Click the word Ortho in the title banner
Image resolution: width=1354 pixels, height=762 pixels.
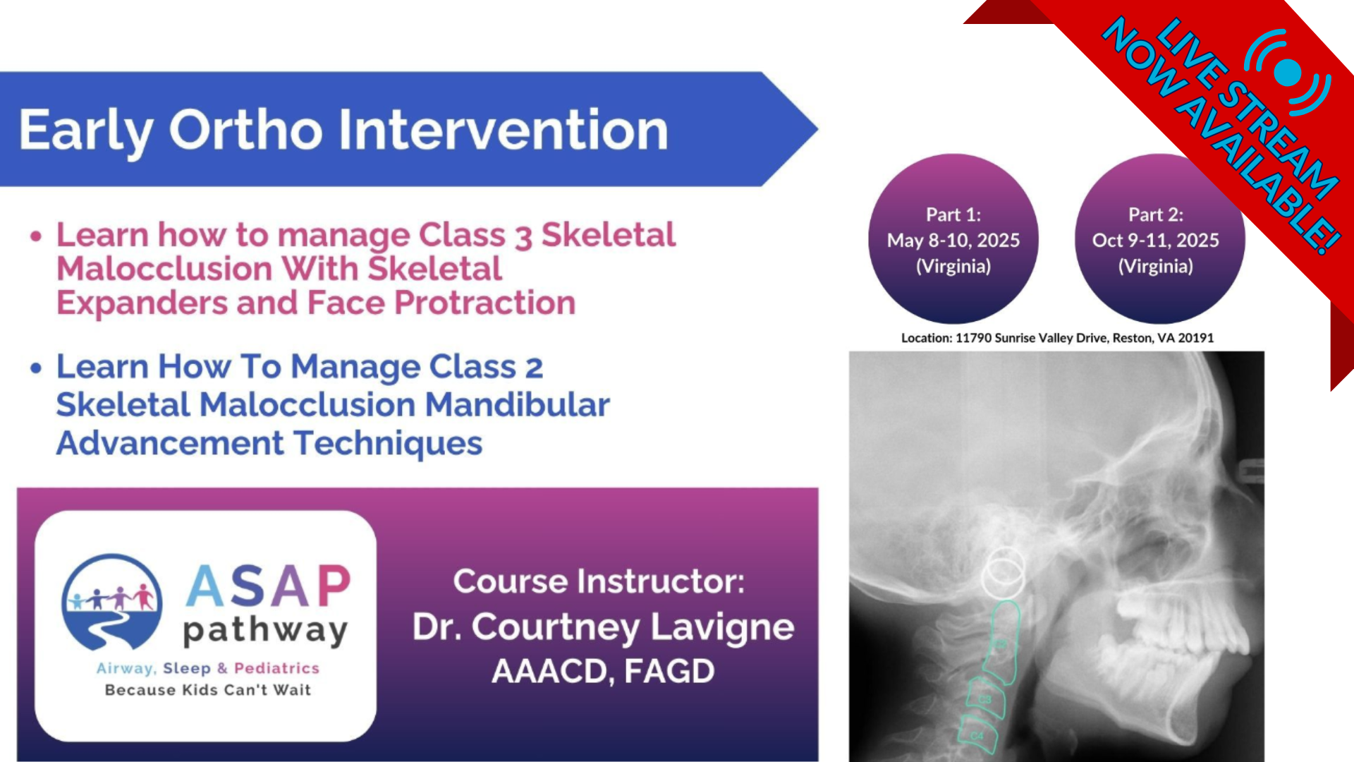245,130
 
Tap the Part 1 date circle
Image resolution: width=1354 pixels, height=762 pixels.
953,239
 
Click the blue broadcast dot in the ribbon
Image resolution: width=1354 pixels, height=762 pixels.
1287,73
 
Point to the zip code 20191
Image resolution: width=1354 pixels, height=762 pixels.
1195,338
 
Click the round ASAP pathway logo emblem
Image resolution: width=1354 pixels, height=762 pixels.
111,602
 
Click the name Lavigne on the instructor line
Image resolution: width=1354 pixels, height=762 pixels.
722,627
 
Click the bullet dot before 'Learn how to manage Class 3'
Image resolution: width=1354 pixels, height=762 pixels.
36,236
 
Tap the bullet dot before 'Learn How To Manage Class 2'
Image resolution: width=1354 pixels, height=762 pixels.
36,368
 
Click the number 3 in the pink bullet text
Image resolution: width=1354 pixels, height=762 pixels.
523,237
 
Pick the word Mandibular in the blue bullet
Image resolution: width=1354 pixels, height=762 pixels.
517,405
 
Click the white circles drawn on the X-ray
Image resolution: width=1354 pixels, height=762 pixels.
1004,572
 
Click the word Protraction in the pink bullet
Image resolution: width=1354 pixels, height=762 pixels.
484,303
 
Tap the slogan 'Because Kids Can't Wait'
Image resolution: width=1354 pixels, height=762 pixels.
208,690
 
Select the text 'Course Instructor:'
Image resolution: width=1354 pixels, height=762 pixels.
599,581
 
